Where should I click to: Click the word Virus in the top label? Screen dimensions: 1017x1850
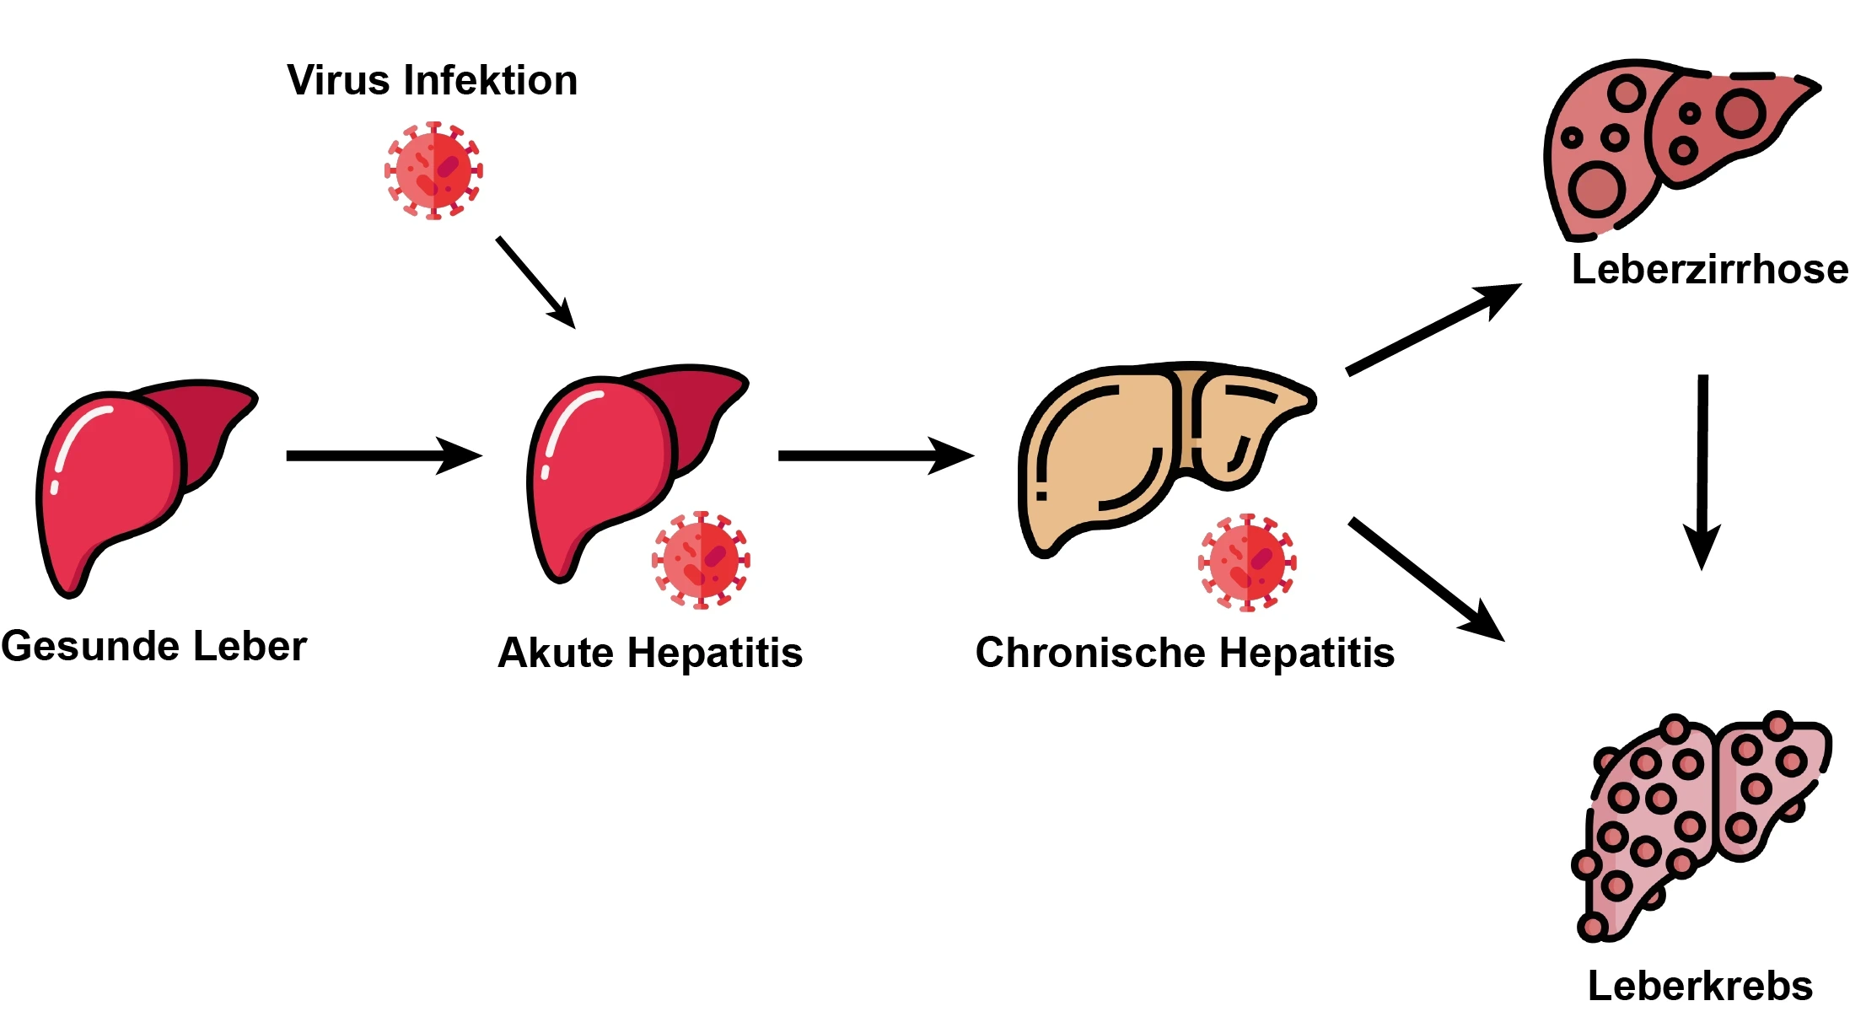point(337,81)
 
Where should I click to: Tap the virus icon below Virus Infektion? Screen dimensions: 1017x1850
point(433,170)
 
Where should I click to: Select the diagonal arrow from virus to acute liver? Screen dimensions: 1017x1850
point(535,282)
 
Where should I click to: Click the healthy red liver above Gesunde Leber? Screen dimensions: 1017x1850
point(118,481)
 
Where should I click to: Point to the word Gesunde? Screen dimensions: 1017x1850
point(90,647)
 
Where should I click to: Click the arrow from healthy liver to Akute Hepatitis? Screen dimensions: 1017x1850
point(383,455)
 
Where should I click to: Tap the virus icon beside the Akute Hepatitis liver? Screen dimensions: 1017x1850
point(701,559)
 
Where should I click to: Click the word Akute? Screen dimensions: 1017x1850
point(556,653)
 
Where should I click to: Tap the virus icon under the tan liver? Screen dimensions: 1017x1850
point(1247,562)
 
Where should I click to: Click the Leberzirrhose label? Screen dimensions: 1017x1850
point(1709,270)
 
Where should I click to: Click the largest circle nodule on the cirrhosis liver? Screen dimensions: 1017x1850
point(1595,191)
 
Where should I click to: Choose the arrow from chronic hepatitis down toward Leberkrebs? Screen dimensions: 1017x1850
point(1425,578)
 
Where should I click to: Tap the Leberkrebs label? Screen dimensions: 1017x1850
point(1700,986)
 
